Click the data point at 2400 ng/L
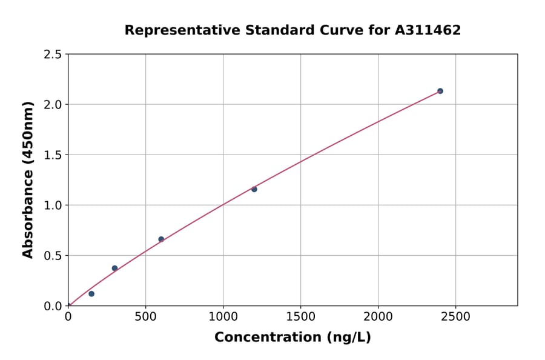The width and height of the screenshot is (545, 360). pyautogui.click(x=440, y=91)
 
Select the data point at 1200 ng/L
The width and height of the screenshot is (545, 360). pyautogui.click(x=254, y=189)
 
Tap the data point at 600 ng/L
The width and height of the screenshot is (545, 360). pyautogui.click(x=161, y=239)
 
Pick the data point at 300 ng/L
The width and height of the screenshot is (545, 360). pyautogui.click(x=114, y=268)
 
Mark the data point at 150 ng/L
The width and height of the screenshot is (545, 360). pyautogui.click(x=91, y=294)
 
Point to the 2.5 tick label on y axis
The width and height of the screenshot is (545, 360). pyautogui.click(x=52, y=55)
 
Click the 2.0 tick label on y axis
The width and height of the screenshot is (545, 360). pyautogui.click(x=52, y=105)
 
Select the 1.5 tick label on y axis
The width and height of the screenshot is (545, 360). pyautogui.click(x=52, y=155)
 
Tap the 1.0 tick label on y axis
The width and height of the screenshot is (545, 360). pyautogui.click(x=52, y=205)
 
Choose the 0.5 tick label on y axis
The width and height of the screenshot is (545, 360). pyautogui.click(x=52, y=256)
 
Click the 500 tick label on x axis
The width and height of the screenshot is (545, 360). pyautogui.click(x=145, y=316)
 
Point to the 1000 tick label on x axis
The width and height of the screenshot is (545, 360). pyautogui.click(x=223, y=316)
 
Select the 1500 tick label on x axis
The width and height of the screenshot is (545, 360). pyautogui.click(x=300, y=316)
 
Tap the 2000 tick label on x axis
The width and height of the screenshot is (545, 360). pyautogui.click(x=378, y=316)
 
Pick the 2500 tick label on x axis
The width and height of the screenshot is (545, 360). pyautogui.click(x=455, y=316)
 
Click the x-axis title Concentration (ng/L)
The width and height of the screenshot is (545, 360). pyautogui.click(x=292, y=338)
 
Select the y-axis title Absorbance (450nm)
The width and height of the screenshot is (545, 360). pyautogui.click(x=28, y=180)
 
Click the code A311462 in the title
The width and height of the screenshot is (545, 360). pyautogui.click(x=428, y=30)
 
